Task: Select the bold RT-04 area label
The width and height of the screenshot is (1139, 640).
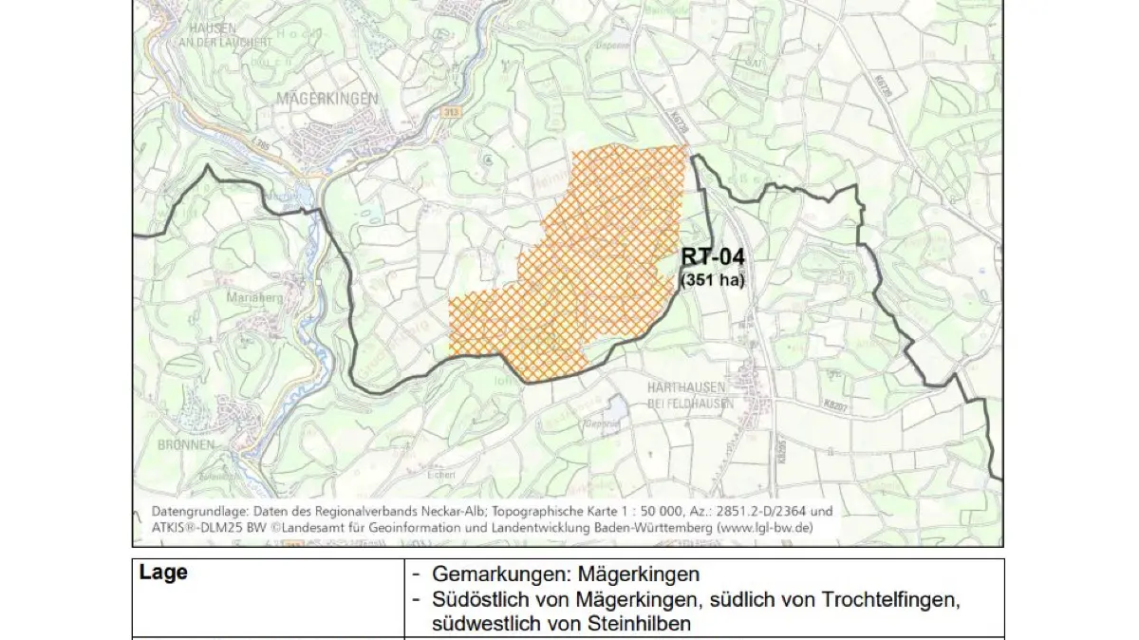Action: (713, 257)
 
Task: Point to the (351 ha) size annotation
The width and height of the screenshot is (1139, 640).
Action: (713, 280)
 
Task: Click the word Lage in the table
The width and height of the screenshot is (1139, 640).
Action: (163, 574)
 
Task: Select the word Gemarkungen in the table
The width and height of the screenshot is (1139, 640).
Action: (499, 575)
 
